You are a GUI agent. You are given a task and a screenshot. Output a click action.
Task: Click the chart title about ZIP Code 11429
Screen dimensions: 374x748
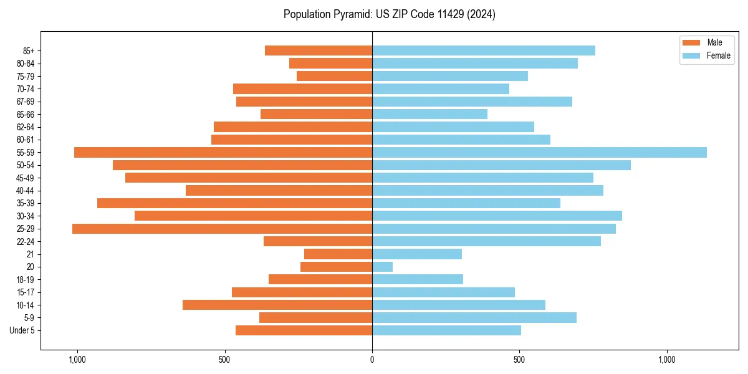389,14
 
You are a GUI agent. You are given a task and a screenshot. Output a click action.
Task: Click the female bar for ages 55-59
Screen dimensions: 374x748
539,152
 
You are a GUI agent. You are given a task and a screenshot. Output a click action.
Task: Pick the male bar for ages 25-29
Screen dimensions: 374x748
222,229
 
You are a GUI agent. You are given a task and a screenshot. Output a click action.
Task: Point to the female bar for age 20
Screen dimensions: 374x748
382,267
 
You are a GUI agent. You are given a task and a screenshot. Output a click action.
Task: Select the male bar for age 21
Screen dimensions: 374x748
338,254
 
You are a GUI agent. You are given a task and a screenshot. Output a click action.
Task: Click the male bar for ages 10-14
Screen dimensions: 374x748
277,305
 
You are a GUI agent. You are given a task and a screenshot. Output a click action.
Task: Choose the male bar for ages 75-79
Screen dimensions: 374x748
334,76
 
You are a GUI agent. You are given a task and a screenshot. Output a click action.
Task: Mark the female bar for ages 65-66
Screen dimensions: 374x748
429,114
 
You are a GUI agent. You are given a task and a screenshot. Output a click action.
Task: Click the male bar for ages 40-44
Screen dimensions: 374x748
279,190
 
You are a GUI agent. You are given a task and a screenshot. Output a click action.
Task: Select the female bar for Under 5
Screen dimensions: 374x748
446,330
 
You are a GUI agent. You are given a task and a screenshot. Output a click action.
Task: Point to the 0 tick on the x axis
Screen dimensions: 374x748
372,360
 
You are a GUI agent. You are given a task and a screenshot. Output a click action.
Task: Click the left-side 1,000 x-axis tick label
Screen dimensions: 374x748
77,360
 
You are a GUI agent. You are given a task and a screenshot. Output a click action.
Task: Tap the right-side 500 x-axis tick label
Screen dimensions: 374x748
519,360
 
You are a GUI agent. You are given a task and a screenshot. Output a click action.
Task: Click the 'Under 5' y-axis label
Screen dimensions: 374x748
22,330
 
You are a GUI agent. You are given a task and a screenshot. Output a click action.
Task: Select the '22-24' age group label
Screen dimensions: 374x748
26,241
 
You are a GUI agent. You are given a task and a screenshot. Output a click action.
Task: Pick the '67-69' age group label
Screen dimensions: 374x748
26,102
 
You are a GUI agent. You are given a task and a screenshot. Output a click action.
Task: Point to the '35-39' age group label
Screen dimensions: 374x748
26,203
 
